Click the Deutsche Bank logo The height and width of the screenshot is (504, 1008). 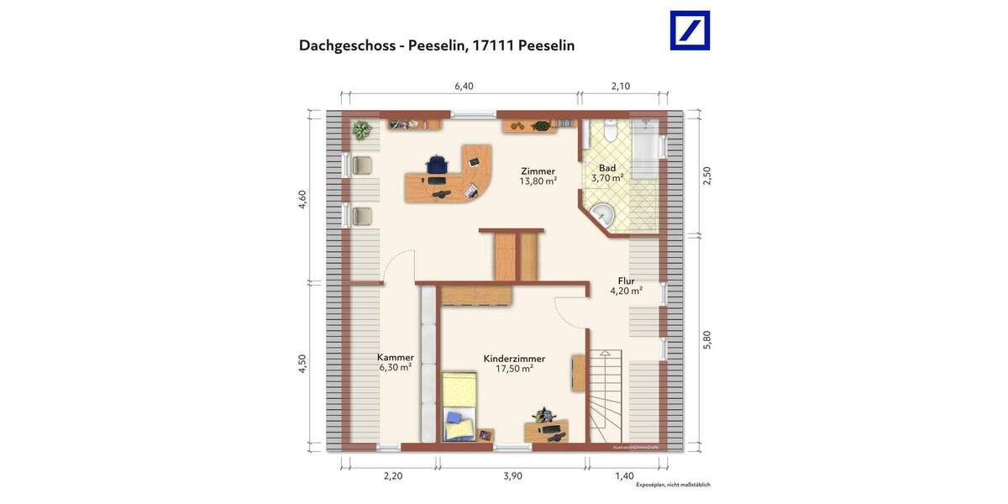689,30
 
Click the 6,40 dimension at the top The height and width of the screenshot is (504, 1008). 464,86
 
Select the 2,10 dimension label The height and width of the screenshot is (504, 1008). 620,86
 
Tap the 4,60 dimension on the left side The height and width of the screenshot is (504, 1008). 302,200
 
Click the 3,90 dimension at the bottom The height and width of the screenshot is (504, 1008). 512,475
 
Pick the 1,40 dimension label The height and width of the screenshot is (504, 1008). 624,475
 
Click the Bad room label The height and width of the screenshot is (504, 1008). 606,168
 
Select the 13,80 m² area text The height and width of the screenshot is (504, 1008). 538,181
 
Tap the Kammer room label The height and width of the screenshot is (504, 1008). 395,357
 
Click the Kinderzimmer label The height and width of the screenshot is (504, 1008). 514,359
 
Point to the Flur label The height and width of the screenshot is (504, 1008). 626,281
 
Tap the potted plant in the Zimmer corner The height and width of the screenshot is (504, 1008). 363,130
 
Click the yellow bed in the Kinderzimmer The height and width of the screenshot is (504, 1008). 459,406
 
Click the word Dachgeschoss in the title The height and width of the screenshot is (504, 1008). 349,45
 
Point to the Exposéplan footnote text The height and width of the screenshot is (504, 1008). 673,485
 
